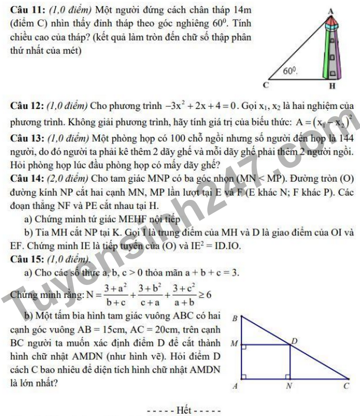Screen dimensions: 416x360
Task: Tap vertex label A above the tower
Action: tap(331, 10)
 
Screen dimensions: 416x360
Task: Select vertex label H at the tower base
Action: tap(333, 85)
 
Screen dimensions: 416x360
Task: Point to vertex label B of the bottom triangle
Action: tap(234, 318)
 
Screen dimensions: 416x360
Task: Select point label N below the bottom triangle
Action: tap(289, 386)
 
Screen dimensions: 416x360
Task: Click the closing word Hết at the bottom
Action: tap(184, 410)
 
